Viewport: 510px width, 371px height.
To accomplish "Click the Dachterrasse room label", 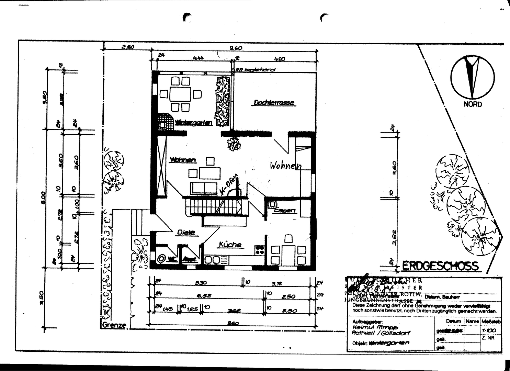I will [274, 102].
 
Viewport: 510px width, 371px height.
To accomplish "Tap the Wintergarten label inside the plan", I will [194, 123].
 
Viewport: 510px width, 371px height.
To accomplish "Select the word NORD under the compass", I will [473, 104].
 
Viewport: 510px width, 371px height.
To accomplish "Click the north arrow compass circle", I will [473, 78].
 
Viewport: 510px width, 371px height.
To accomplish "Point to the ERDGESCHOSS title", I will [440, 266].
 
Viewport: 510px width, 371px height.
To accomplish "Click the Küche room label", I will [230, 245].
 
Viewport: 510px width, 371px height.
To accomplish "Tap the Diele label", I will [186, 233].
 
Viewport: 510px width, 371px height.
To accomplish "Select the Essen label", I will [284, 210].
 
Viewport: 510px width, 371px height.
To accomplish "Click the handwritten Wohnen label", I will [285, 166].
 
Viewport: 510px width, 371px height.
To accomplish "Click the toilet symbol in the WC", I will [161, 259].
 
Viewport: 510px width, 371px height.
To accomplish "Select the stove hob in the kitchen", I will [260, 250].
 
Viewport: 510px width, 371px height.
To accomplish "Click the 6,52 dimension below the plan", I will [204, 295].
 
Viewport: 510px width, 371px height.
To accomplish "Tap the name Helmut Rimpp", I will [370, 328].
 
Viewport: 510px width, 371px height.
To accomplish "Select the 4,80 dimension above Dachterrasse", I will [280, 59].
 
